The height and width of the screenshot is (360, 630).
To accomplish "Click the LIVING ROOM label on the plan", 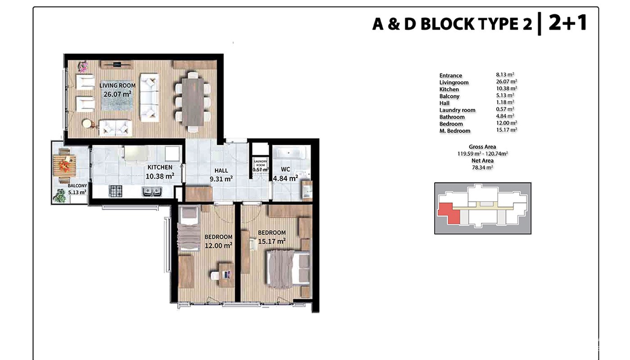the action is pyautogui.click(x=117, y=85).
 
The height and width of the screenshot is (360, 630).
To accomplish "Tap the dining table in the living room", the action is pyautogui.click(x=193, y=102).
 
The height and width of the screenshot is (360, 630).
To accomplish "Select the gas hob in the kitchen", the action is pyautogui.click(x=116, y=191).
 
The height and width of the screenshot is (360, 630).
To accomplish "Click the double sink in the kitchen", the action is pyautogui.click(x=152, y=191).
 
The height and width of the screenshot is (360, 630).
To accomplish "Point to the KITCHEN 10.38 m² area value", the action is pyautogui.click(x=160, y=176).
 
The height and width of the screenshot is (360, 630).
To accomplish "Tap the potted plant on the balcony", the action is pyautogui.click(x=59, y=196).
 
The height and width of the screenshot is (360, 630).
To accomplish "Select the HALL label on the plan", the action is pyautogui.click(x=221, y=171).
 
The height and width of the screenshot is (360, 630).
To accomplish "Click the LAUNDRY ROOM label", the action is pyautogui.click(x=261, y=163).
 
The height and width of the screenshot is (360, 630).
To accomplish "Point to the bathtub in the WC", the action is pyautogui.click(x=291, y=153).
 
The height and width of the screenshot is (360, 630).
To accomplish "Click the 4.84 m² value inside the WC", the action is pyautogui.click(x=285, y=178).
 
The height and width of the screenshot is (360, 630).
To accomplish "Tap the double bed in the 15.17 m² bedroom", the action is pyautogui.click(x=288, y=270).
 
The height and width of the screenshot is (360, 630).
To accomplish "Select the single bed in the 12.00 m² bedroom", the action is pyautogui.click(x=189, y=228).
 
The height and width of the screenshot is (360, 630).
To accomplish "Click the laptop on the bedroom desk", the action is pyautogui.click(x=227, y=274).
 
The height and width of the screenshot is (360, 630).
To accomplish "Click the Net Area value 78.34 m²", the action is pyautogui.click(x=482, y=167).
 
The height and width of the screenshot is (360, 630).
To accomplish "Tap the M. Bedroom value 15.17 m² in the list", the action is pyautogui.click(x=507, y=130).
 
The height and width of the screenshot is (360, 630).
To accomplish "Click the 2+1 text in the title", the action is pyautogui.click(x=567, y=23).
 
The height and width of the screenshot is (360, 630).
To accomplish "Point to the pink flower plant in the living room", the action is pyautogui.click(x=83, y=67).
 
